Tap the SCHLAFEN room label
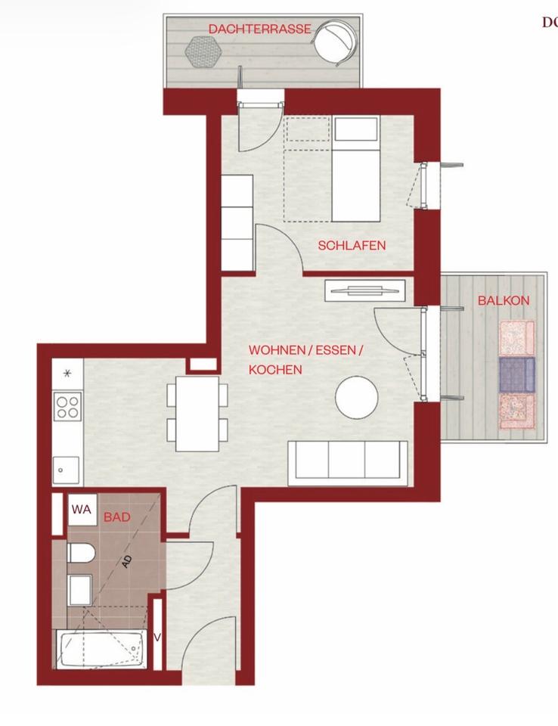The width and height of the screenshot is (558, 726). [x=352, y=246]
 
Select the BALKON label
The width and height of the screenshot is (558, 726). [x=503, y=300]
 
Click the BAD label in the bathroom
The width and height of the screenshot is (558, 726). [x=117, y=517]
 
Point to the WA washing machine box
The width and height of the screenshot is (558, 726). [x=81, y=510]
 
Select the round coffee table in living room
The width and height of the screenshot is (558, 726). [x=357, y=397]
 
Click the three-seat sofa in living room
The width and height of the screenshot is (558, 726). [x=347, y=460]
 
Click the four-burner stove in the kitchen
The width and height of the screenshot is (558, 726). [x=67, y=406]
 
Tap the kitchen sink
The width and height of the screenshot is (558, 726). [x=66, y=470]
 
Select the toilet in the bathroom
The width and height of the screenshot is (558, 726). [x=80, y=553]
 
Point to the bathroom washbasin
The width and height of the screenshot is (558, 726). [x=80, y=590]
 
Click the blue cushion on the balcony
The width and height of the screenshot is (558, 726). [x=517, y=374]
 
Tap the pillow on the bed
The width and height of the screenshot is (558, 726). [x=356, y=129]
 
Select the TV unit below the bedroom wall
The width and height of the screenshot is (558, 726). [x=364, y=290]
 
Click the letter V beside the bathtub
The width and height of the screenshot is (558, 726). [x=157, y=638]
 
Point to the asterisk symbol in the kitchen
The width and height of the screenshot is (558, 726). [x=67, y=373]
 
